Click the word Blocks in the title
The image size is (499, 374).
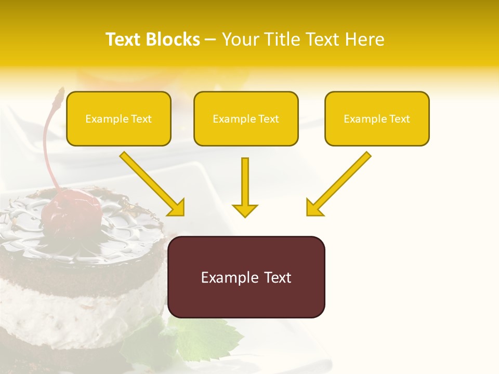(x=173, y=39)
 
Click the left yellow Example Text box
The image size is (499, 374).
(x=119, y=119)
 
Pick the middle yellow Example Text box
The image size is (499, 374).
(x=246, y=119)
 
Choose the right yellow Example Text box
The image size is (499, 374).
(x=377, y=119)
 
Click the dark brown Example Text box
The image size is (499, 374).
(x=246, y=277)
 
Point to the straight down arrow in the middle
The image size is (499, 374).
(x=245, y=187)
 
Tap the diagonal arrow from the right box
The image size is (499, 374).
(x=338, y=184)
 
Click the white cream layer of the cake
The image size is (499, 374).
(x=78, y=306)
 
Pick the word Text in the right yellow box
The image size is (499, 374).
(x=399, y=119)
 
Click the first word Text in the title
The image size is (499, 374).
(x=123, y=39)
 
